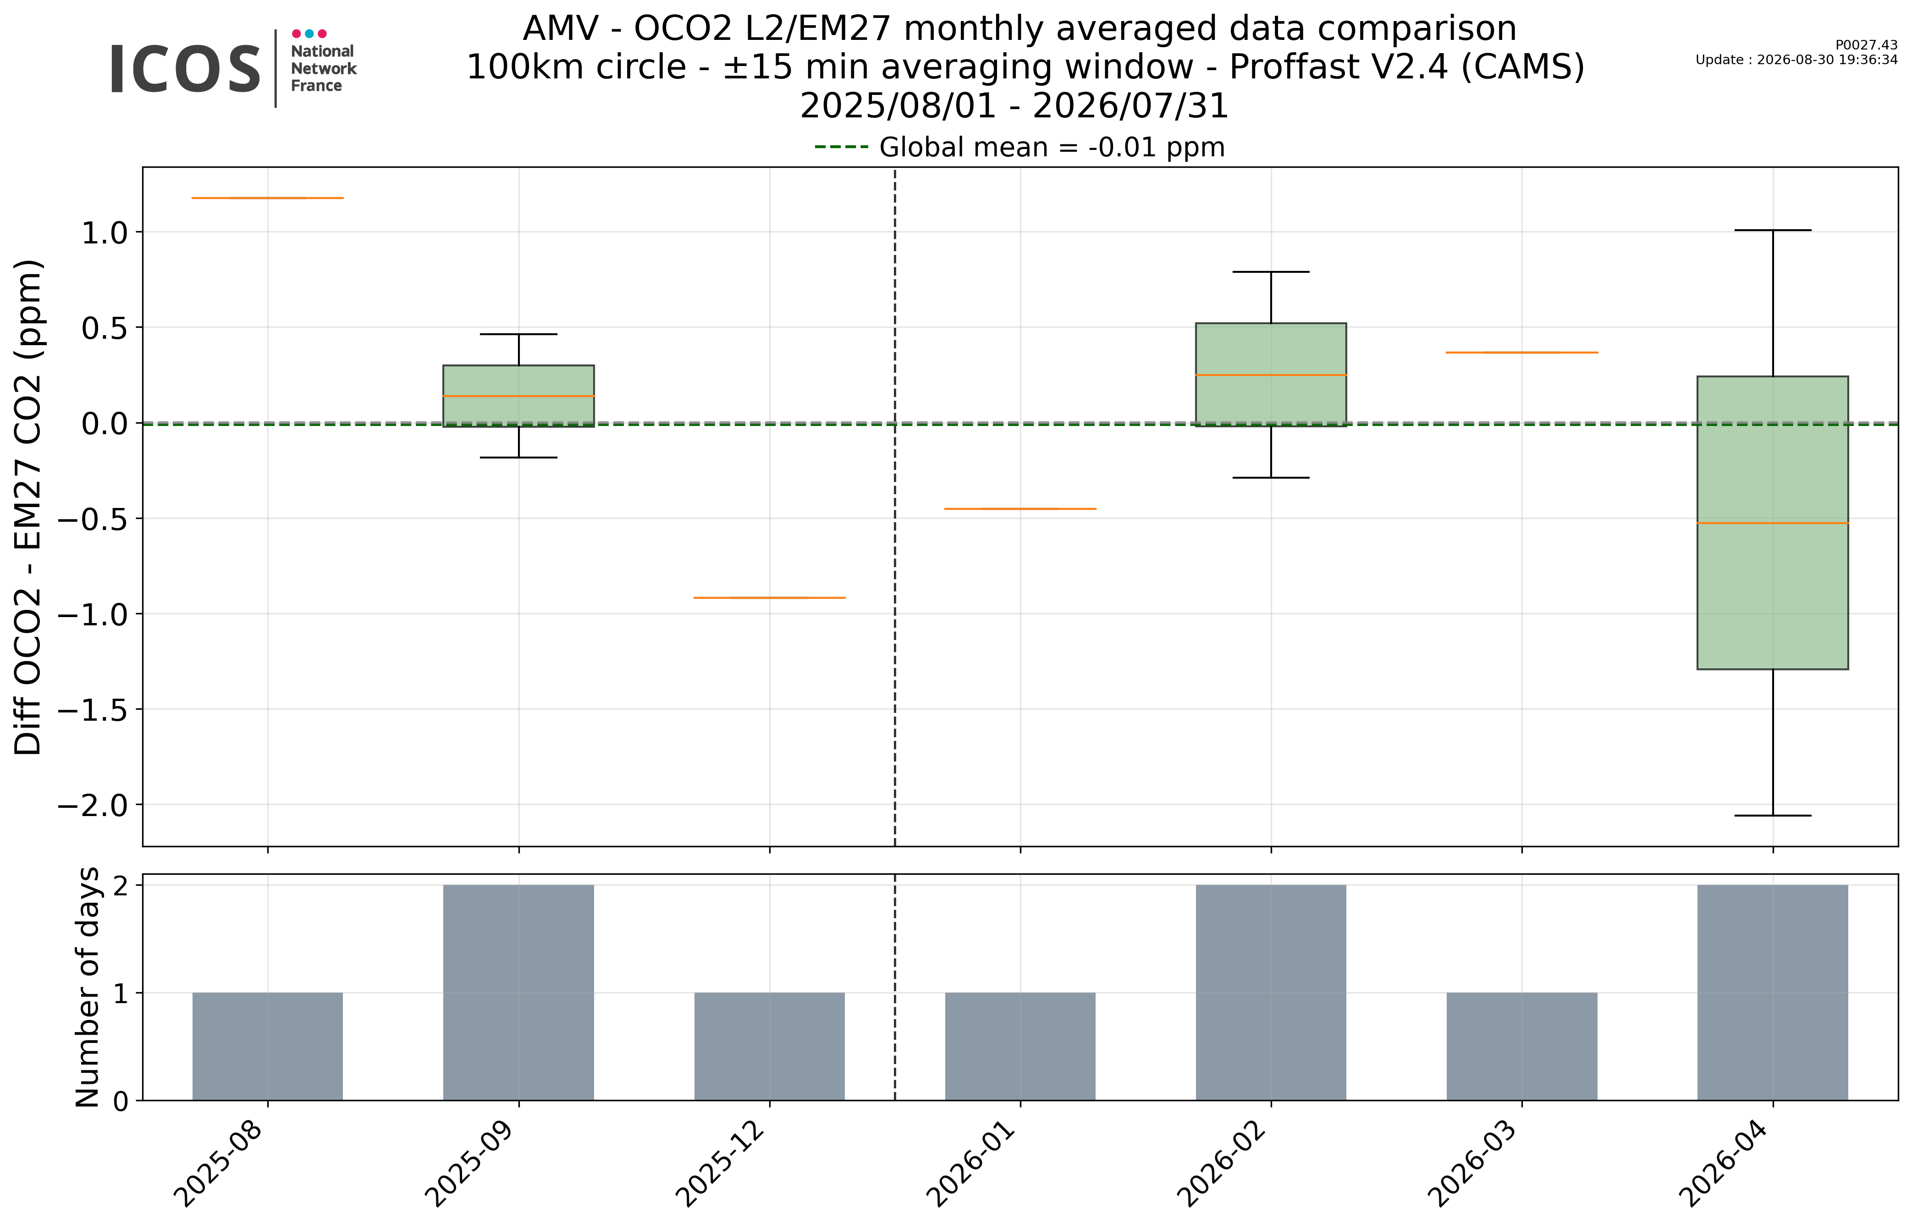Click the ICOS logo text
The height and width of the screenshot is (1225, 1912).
click(x=185, y=69)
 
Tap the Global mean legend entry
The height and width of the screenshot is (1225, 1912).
click(x=1019, y=147)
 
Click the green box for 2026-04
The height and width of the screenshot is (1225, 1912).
click(x=1772, y=523)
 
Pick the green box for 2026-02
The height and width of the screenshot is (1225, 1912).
click(x=1271, y=375)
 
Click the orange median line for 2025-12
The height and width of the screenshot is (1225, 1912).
click(x=769, y=597)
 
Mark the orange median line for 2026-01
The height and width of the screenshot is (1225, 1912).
click(x=1020, y=508)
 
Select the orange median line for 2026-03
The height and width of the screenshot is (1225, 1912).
click(x=1521, y=353)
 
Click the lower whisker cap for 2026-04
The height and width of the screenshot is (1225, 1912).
click(x=1772, y=815)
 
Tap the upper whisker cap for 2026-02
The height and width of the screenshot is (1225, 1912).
click(x=1271, y=272)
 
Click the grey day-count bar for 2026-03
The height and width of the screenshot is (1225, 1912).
click(x=1521, y=1046)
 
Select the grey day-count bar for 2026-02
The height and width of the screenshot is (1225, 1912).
click(x=1271, y=993)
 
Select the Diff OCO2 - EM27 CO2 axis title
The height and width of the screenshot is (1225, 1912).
click(x=28, y=507)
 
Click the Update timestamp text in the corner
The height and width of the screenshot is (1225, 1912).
click(x=1796, y=60)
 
